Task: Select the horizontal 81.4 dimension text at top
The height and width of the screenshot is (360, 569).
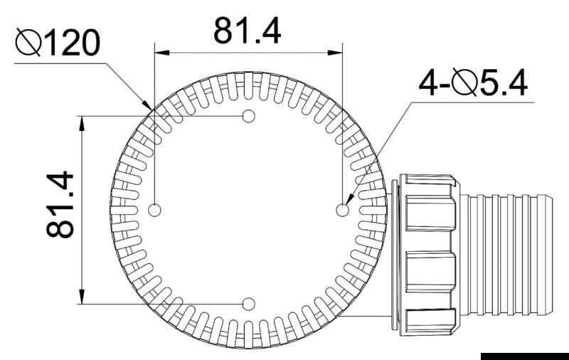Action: click(x=248, y=31)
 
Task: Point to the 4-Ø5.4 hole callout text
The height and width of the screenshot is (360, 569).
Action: click(x=473, y=84)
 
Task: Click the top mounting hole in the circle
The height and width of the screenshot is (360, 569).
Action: click(x=249, y=115)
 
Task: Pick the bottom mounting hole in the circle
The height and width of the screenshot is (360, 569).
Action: click(x=248, y=304)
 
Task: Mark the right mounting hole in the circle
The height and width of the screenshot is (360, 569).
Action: click(x=342, y=210)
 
